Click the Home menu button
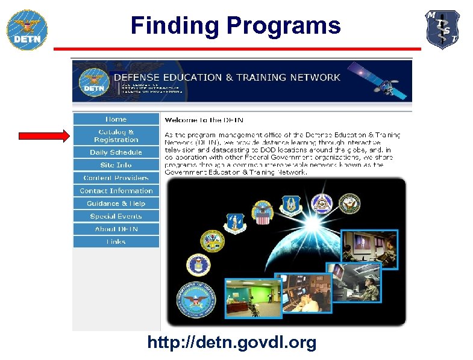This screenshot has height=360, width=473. tap(116, 119)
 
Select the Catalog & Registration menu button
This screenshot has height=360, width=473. tap(116, 135)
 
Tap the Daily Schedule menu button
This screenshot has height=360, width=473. tap(116, 152)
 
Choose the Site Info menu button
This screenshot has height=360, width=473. tap(116, 165)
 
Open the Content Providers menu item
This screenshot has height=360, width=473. tap(116, 178)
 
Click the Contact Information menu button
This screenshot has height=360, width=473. tap(116, 191)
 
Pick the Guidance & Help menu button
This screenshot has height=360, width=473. tap(116, 203)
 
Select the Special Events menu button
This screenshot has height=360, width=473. tap(116, 216)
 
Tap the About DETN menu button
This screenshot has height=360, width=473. tap(116, 229)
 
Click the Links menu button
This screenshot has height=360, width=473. tap(116, 241)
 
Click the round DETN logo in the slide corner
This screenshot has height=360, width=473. tap(27, 29)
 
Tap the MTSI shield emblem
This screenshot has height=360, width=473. tap(443, 29)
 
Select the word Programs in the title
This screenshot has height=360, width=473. tap(283, 26)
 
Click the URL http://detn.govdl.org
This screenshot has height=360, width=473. tap(232, 343)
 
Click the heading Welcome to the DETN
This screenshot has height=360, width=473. tap(204, 120)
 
